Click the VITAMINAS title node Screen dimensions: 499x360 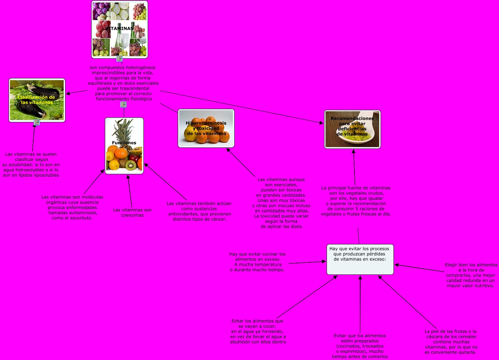click(119, 29)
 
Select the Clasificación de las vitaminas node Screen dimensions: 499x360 click(37, 100)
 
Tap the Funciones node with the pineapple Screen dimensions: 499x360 click(124, 146)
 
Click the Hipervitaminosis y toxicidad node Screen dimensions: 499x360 click(206, 128)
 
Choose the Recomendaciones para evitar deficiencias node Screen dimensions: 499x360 click(352, 129)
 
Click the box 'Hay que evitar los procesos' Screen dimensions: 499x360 click(360, 259)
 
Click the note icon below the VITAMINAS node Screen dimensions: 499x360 click(119, 59)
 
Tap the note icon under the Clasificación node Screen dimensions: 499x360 click(36, 122)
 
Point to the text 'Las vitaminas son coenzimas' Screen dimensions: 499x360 click(132, 213)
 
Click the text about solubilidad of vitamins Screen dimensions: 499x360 click(31, 165)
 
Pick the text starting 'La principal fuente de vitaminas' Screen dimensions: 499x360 click(356, 201)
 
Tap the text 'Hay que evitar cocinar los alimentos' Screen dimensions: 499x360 click(258, 262)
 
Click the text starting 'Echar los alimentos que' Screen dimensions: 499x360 click(258, 331)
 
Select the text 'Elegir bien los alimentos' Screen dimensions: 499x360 click(471, 275)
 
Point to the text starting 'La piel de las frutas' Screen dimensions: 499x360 click(451, 342)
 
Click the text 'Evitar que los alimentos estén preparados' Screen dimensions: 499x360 click(360, 346)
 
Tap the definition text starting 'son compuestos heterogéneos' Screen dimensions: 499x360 click(123, 83)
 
